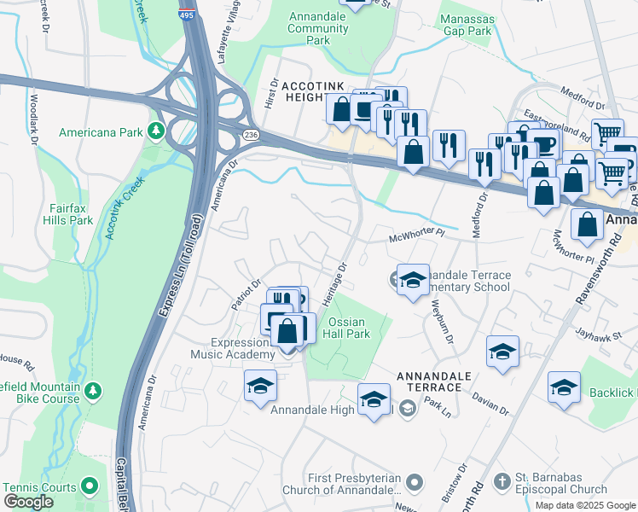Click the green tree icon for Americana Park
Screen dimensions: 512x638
pos(155,131)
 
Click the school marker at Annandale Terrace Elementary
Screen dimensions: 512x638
pos(413,281)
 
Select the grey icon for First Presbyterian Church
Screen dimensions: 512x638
pos(415,483)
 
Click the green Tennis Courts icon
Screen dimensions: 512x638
pos(90,487)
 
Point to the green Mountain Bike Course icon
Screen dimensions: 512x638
pos(93,392)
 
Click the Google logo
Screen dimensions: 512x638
pos(29,502)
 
